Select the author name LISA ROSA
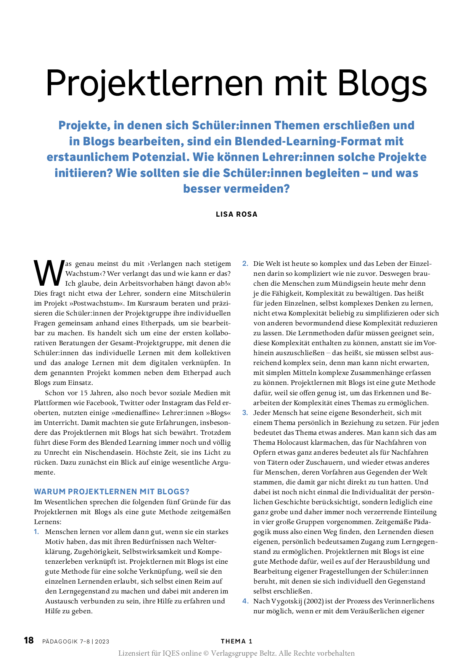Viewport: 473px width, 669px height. tap(236, 214)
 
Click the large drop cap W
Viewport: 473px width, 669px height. tap(49, 273)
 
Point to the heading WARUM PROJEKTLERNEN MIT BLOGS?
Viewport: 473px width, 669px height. tap(112, 492)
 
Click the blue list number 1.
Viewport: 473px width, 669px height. tap(36, 532)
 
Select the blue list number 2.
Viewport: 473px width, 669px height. tap(245, 264)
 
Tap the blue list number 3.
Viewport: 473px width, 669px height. tap(245, 413)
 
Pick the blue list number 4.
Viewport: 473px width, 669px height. tap(245, 601)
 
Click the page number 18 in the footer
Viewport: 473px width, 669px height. tap(29, 640)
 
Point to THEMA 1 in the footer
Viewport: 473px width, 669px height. tap(236, 641)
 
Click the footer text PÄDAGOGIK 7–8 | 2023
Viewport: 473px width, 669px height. tap(76, 642)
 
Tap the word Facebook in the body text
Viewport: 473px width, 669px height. tap(101, 403)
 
